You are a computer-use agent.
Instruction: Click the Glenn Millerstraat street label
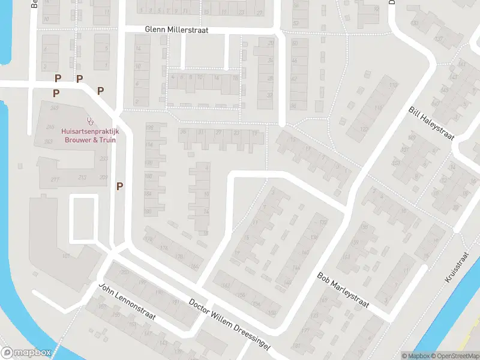pyautogui.click(x=177, y=30)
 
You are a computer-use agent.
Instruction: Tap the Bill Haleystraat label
pyautogui.click(x=431, y=123)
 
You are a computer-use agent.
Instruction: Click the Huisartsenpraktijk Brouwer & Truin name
pyautogui.click(x=89, y=136)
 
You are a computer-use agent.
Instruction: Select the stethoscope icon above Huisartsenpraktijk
pyautogui.click(x=90, y=121)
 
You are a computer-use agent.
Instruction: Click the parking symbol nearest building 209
pyautogui.click(x=120, y=186)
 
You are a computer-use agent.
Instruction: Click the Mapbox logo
pyautogui.click(x=25, y=353)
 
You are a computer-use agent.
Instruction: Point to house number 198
pyautogui.click(x=148, y=128)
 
